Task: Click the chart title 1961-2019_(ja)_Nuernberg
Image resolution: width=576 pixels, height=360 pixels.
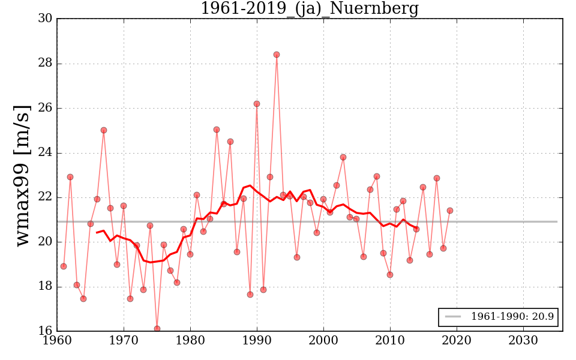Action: (x=309, y=8)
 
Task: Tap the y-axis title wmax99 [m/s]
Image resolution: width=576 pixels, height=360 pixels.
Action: (x=22, y=175)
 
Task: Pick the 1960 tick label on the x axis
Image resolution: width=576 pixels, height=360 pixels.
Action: (x=58, y=341)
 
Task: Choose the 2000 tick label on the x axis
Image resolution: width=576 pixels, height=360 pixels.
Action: (x=324, y=341)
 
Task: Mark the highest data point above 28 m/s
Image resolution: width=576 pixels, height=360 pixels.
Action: (x=277, y=55)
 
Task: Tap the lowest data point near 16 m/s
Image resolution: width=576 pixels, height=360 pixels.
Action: (x=157, y=329)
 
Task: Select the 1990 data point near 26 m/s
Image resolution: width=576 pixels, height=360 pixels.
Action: (x=257, y=104)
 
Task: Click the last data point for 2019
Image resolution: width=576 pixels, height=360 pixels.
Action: (x=450, y=211)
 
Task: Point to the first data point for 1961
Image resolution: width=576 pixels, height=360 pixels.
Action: (x=64, y=266)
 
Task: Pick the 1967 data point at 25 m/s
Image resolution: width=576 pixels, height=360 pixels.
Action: (x=104, y=130)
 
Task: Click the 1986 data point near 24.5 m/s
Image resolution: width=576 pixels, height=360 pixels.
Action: (x=230, y=142)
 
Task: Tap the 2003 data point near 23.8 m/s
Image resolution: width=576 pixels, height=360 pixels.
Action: (x=343, y=157)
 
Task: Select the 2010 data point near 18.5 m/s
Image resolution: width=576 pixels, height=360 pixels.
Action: (x=390, y=275)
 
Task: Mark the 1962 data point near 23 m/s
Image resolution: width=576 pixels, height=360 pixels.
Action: (x=70, y=177)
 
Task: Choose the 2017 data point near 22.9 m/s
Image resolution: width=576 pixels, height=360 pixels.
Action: (x=437, y=178)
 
